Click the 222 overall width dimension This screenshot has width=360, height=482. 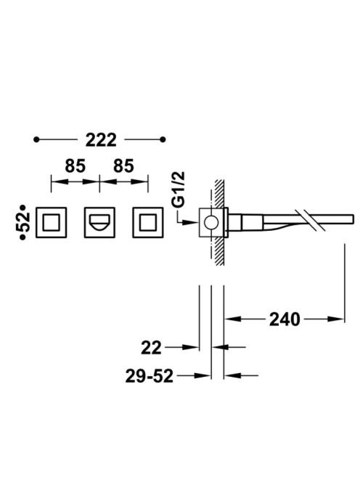coord(101,140)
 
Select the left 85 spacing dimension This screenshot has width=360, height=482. coord(75,166)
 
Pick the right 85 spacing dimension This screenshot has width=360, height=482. coord(123,166)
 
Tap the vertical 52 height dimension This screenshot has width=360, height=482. coord(24,222)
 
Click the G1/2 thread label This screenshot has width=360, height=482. coord(179,189)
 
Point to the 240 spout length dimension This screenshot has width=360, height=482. coord(285,319)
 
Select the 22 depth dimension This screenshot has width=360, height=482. coord(151,348)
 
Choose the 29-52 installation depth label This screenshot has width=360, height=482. coord(150,376)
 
